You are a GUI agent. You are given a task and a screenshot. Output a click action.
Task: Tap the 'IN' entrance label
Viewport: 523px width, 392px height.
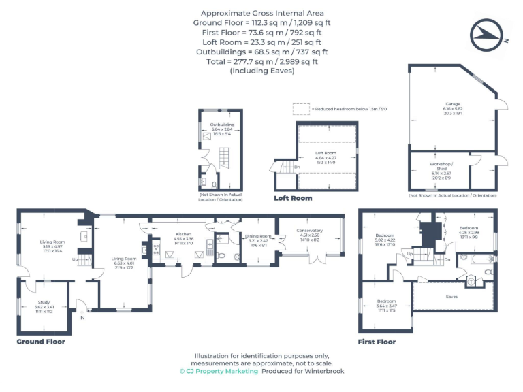click(x=82, y=317)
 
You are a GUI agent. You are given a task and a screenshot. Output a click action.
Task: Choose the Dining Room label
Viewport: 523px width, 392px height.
click(x=258, y=239)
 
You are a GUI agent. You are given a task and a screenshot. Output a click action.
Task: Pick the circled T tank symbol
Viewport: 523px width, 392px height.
click(x=471, y=280)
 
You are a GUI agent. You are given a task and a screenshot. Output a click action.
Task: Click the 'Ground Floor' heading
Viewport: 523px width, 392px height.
click(x=41, y=342)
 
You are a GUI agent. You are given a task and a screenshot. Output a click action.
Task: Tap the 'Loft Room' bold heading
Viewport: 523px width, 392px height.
click(x=293, y=199)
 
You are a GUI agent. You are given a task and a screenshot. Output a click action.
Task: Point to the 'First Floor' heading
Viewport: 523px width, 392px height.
click(x=377, y=342)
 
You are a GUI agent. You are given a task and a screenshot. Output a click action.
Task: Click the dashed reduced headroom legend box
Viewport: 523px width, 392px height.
click(x=300, y=109)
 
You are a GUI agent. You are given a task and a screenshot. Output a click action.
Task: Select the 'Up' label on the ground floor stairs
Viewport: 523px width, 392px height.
click(x=76, y=259)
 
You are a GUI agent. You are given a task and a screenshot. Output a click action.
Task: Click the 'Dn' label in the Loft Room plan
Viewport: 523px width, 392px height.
click(x=297, y=167)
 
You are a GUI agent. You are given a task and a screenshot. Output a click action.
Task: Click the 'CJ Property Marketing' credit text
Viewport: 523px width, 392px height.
click(x=219, y=371)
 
